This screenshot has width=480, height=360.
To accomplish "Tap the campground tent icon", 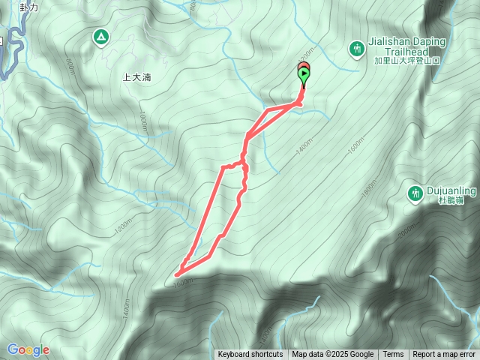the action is tap(100, 37).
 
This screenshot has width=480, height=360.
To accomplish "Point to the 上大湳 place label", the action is tap(137, 76).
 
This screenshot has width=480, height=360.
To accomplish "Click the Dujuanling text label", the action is tap(447, 190).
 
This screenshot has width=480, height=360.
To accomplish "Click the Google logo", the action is tap(28, 349).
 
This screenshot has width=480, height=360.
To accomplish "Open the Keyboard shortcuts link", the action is tap(250, 355).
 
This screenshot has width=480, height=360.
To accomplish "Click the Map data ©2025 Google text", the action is tap(332, 355).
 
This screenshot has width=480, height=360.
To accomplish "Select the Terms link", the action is tap(393, 355).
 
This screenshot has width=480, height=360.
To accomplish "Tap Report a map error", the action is tap(444, 355).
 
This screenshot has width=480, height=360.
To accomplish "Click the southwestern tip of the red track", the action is tap(177, 275).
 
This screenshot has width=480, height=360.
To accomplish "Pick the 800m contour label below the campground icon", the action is tap(70, 68).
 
